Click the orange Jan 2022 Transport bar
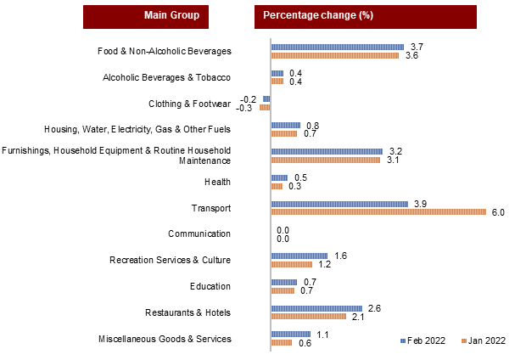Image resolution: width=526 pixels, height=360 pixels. (x=378, y=212)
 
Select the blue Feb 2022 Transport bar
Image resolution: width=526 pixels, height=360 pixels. (x=339, y=203)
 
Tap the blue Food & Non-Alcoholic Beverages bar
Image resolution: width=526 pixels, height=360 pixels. (x=338, y=47)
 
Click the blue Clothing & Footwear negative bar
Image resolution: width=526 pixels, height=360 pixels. (x=266, y=99)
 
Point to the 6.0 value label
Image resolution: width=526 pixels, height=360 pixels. (x=498, y=212)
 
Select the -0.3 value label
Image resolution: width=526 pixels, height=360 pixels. (x=246, y=108)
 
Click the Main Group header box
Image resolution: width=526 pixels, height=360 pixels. (x=146, y=16)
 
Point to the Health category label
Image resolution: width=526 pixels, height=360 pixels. (x=217, y=182)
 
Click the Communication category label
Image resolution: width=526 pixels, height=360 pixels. (x=199, y=233)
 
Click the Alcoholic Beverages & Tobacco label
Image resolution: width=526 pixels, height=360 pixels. (x=166, y=77)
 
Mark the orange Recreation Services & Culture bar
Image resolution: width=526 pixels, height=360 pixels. (x=291, y=265)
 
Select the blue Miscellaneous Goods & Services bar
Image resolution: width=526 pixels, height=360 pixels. (x=290, y=334)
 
